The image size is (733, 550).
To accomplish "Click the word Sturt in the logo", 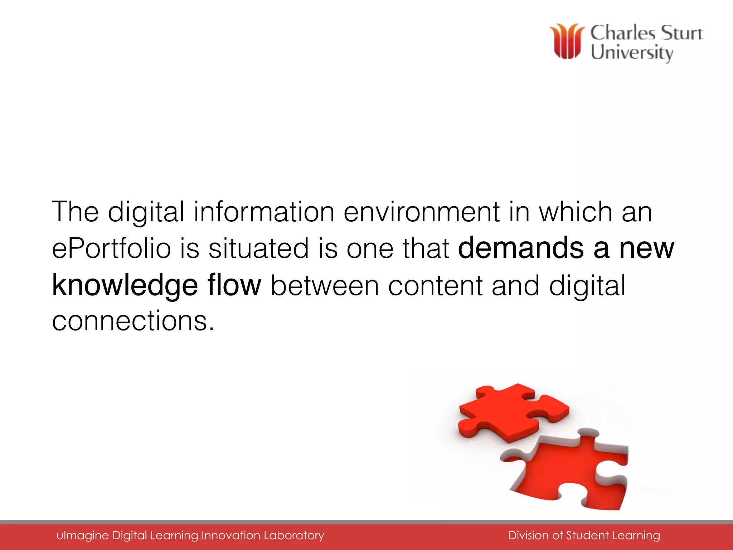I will coord(682,33).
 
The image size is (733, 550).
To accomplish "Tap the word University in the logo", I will coord(632,53).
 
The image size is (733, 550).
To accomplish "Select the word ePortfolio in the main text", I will coord(111,249).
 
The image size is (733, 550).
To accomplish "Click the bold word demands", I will coord(521,248).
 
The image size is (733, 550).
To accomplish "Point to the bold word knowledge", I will coord(125,286).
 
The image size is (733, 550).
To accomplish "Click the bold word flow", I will coord(234,285).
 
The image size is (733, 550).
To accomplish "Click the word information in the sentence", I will coord(264,212).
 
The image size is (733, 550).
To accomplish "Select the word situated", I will coord(258,249).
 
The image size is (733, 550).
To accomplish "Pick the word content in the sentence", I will coord(435,286).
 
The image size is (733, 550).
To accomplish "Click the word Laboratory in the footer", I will coord(294,536).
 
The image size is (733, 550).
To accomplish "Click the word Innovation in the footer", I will coord(231,536).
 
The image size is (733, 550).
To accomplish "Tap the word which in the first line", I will coord(576,212).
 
